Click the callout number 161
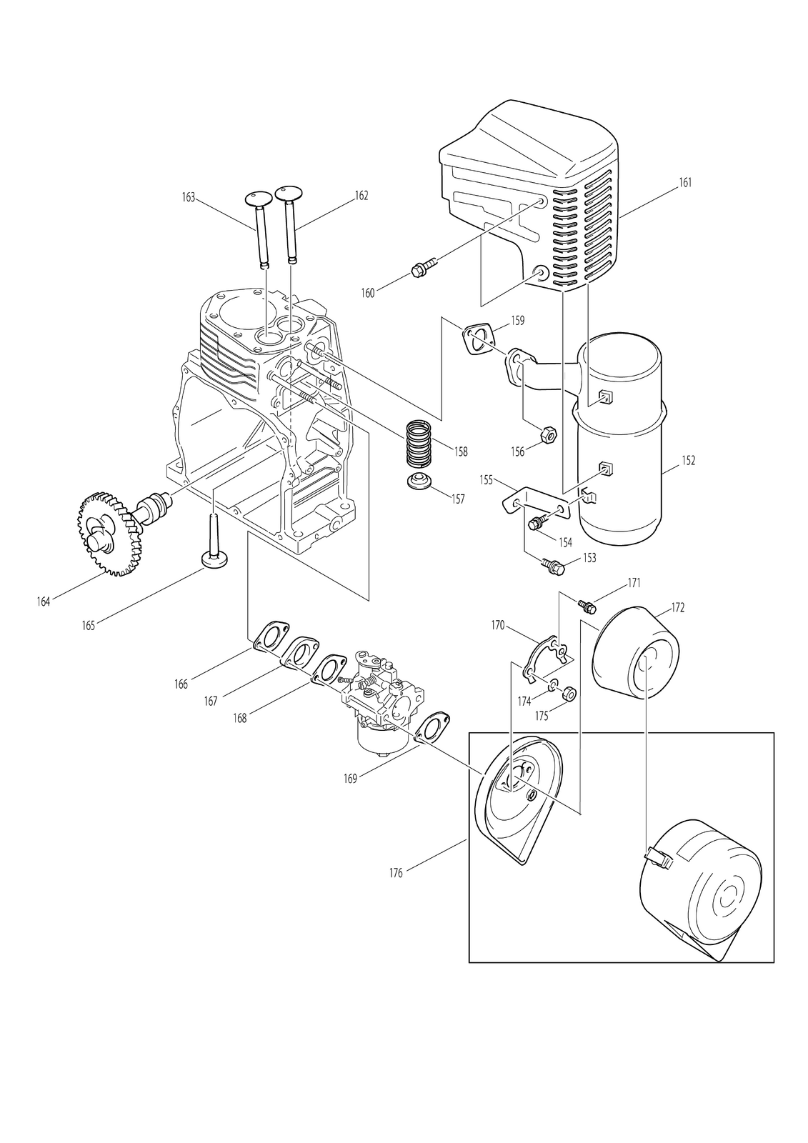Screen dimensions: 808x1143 click(x=686, y=182)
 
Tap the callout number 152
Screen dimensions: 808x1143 click(x=688, y=460)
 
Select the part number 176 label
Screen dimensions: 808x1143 click(x=396, y=873)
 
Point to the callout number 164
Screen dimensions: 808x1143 click(x=44, y=602)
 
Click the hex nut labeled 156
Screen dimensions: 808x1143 click(x=548, y=435)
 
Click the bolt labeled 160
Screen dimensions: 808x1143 click(x=424, y=268)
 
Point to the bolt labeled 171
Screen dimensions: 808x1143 click(x=587, y=607)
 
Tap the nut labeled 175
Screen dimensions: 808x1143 click(x=569, y=694)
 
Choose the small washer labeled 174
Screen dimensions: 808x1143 click(x=553, y=685)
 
